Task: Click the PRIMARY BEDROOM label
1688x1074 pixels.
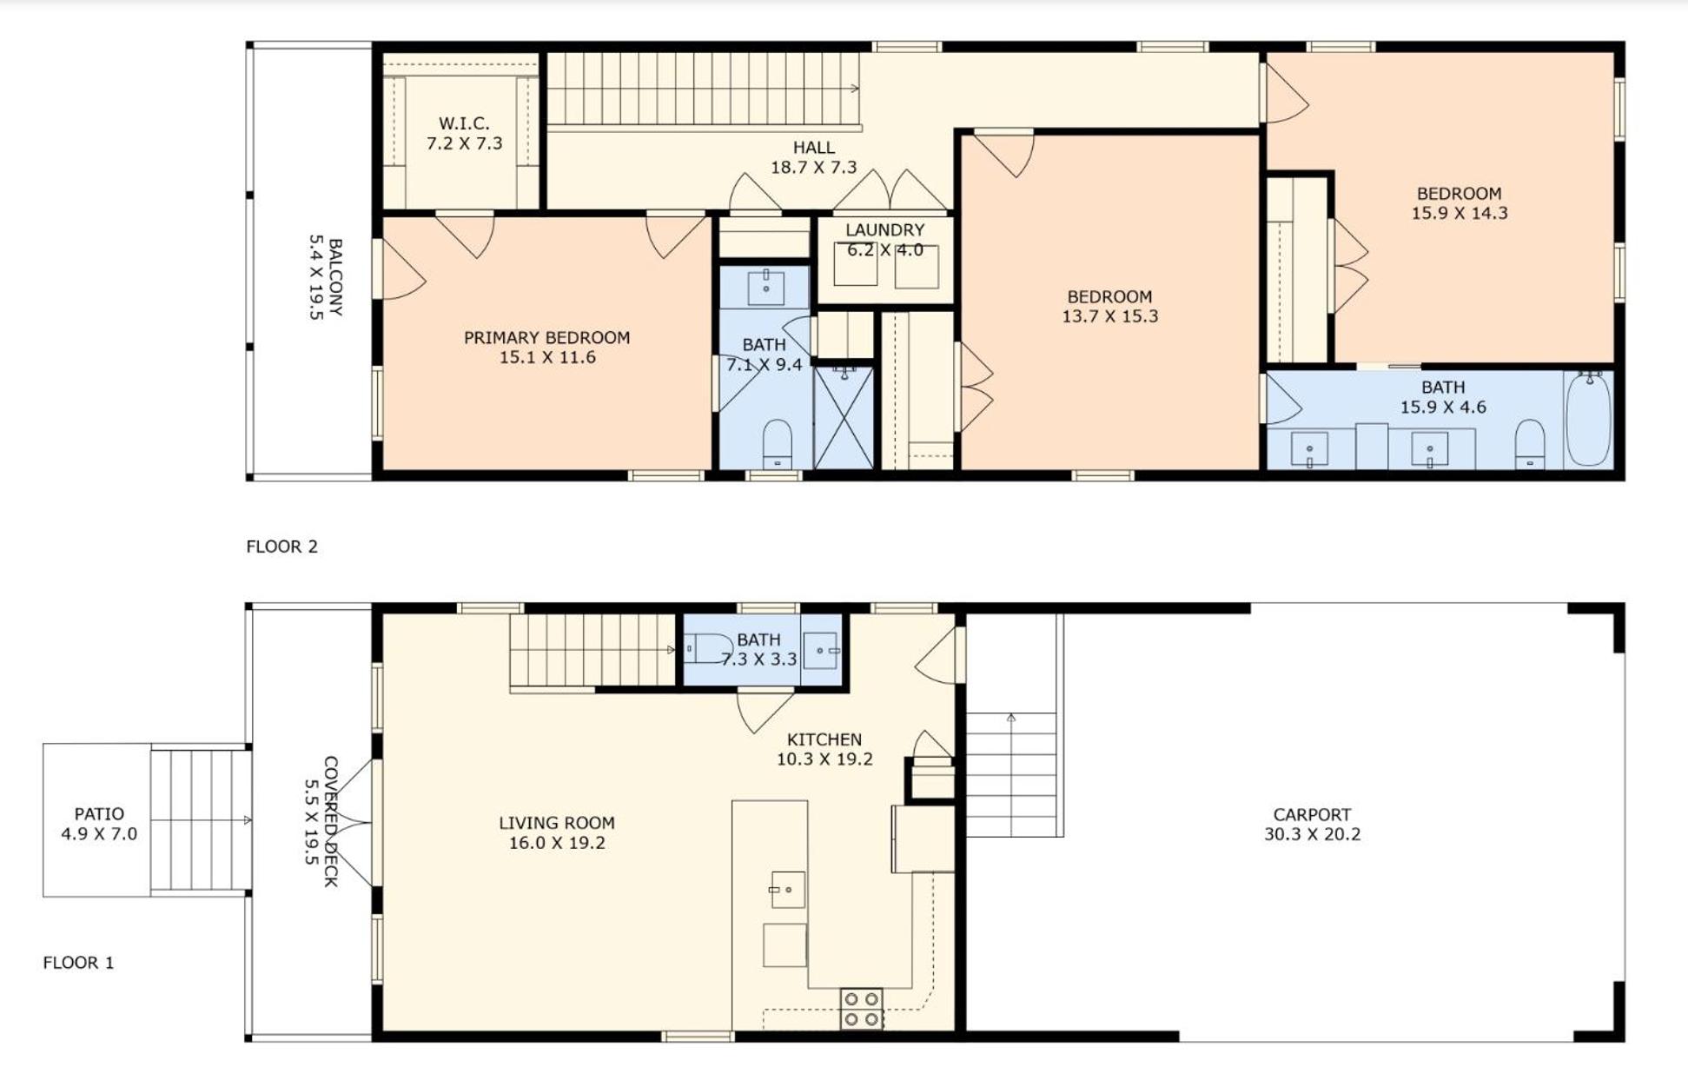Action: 546,338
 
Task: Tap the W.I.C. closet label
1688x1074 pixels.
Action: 464,123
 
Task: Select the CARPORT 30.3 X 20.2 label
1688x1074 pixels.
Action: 1312,825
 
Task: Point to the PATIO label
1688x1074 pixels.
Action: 99,814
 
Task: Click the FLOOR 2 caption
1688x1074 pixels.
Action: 282,547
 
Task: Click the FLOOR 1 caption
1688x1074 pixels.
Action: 78,963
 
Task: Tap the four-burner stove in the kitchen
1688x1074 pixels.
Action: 861,1009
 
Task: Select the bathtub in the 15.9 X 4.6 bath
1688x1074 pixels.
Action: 1588,420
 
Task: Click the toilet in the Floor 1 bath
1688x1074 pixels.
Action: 709,648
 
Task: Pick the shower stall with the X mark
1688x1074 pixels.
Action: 844,418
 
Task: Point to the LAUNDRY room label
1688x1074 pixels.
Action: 885,230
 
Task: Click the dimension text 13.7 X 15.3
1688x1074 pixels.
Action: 1110,316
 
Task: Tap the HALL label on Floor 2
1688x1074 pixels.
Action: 814,148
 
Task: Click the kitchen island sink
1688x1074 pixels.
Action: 787,890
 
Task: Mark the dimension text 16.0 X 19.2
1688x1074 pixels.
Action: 557,843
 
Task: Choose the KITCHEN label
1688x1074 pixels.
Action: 824,739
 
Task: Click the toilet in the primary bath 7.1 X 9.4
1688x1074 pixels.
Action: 777,444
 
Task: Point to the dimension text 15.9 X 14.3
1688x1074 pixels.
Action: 1460,213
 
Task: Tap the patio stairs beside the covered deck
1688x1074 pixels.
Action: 201,820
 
